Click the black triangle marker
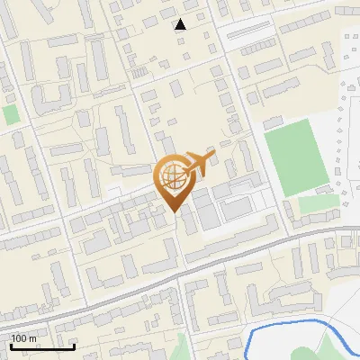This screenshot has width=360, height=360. coord(181,24)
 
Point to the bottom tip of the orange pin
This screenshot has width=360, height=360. coord(174,212)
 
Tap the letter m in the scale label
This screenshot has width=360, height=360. coord(33,338)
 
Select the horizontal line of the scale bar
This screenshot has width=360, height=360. coord(42,346)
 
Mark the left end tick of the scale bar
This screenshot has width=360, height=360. coord(12,346)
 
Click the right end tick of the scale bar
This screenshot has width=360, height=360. coord(74,346)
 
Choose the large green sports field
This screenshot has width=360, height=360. coord(298,158)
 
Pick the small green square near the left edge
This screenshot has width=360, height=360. coord(11,115)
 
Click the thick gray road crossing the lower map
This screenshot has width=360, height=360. coord(135,289)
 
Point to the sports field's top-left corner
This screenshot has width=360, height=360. coord(266,126)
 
